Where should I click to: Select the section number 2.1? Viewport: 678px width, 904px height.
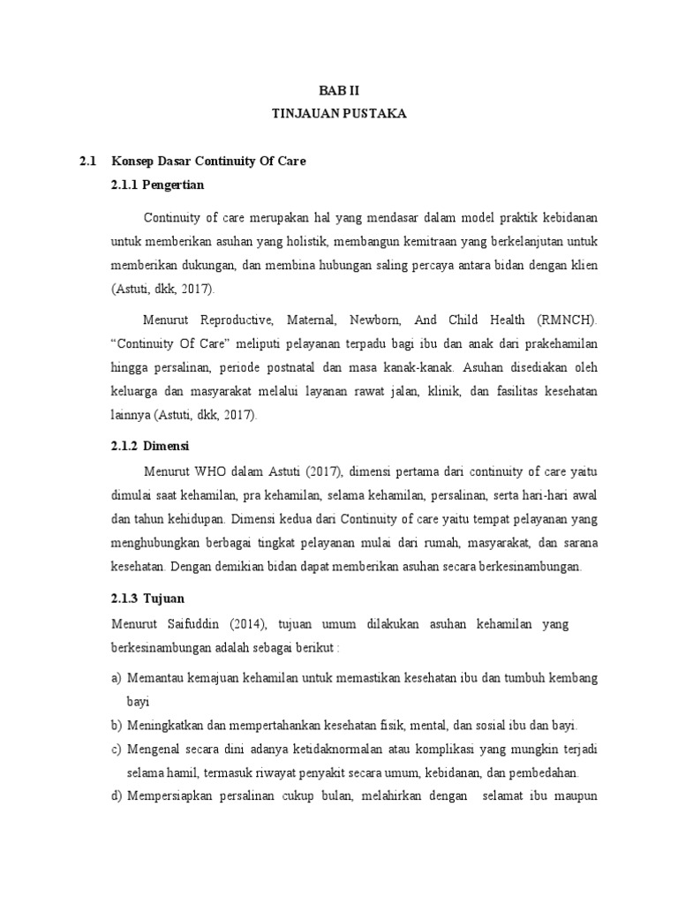86,163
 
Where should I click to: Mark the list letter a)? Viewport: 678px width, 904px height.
117,678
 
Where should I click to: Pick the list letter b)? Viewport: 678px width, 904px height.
117,726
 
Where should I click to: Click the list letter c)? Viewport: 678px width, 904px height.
117,750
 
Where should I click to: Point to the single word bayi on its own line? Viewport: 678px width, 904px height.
139,702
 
